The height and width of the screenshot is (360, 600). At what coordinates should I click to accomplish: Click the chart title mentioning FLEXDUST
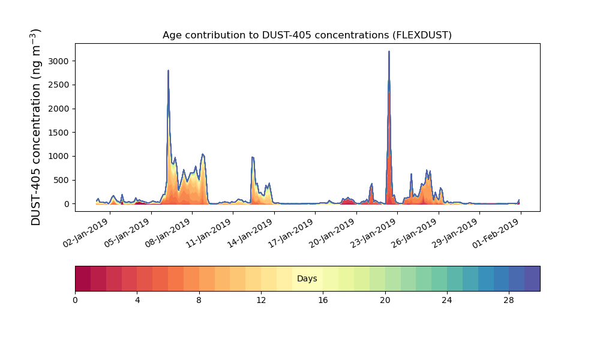point(307,35)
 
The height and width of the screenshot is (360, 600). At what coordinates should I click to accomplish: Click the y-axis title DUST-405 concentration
point(35,127)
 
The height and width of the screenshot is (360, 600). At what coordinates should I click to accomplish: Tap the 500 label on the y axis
point(61,180)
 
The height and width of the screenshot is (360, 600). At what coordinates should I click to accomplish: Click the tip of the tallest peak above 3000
point(389,51)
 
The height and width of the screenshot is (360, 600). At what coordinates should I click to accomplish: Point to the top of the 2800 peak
point(168,70)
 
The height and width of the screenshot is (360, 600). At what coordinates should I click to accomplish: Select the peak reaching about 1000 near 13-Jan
point(253,157)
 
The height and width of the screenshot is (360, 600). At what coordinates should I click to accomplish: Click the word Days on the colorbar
point(307,278)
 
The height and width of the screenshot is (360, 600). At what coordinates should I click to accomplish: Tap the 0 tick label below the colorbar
point(75,301)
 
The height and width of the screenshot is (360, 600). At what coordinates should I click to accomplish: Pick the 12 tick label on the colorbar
point(261,301)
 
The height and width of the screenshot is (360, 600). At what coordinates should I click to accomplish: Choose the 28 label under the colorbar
point(509,301)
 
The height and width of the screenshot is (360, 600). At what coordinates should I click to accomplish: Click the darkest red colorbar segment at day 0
point(83,278)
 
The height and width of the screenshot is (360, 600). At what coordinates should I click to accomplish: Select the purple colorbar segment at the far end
point(532,278)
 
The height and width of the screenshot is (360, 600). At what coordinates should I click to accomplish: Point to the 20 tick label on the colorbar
point(385,301)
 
